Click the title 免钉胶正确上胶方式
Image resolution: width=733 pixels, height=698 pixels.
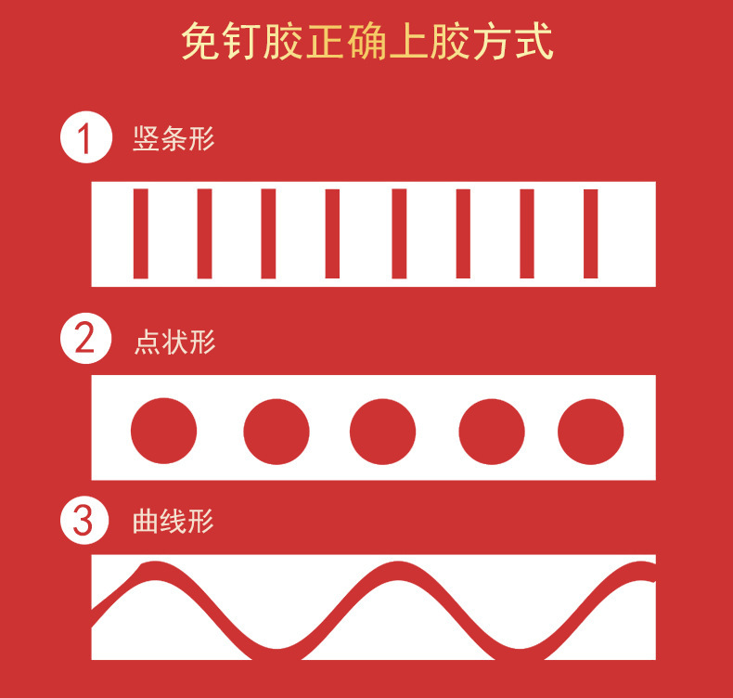tap(366, 43)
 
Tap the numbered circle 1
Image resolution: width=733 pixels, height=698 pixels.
tap(85, 138)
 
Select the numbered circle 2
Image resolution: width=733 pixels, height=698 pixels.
tap(85, 339)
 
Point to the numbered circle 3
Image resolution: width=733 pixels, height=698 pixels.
tap(85, 520)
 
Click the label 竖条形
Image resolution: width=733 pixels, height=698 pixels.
tap(174, 140)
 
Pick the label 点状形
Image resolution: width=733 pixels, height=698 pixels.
tap(174, 342)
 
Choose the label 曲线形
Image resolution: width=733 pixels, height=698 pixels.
tap(174, 522)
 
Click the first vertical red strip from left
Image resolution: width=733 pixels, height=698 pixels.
tap(141, 233)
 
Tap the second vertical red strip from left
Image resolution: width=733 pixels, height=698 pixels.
tap(204, 233)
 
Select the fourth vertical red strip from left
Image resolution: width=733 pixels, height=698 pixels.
tap(332, 233)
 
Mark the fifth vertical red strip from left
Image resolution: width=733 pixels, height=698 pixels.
tap(399, 233)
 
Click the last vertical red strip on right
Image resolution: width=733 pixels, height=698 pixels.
tap(590, 233)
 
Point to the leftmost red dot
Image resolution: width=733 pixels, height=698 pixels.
tap(163, 432)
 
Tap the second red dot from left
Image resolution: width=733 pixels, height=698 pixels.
tap(276, 432)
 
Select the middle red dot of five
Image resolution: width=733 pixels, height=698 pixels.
tap(382, 432)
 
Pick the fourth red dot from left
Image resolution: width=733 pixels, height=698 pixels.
tap(492, 432)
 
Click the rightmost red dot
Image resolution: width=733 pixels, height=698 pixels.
tap(590, 432)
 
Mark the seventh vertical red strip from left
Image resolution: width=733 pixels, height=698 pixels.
tap(527, 233)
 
